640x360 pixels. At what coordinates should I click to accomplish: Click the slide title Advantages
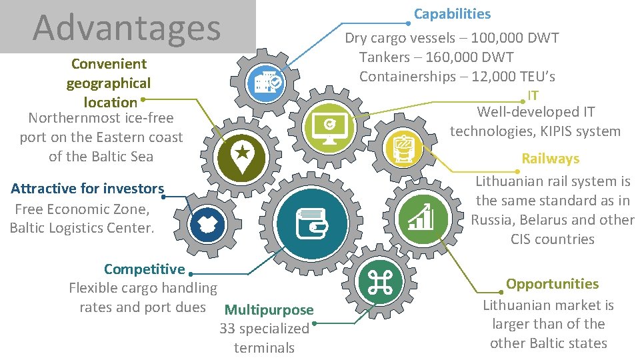[127, 27]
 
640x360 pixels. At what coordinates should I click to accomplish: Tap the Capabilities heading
[452, 14]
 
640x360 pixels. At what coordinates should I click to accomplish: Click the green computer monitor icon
[330, 124]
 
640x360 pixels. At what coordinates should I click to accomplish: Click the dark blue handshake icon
[205, 225]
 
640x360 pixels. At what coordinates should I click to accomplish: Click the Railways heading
[550, 159]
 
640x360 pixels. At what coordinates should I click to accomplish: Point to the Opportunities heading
[552, 283]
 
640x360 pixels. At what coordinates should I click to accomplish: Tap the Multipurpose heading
[269, 309]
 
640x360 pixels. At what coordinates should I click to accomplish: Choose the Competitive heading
[144, 269]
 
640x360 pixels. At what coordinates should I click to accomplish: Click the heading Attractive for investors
[87, 189]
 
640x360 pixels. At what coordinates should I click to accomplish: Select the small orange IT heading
[533, 95]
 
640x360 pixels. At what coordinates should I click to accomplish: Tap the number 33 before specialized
[227, 329]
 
